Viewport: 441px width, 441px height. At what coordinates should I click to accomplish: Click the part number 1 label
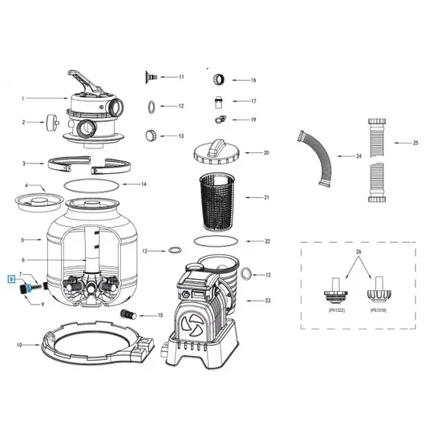point(23,99)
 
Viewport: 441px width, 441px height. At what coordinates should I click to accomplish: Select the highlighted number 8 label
point(11,280)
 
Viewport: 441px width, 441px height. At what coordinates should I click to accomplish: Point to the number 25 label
point(416,143)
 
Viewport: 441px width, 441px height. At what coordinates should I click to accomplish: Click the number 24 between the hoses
point(358,156)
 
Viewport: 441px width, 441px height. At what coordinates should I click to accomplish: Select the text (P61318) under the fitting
point(379,309)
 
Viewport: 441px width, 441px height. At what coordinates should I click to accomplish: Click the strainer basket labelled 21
point(212,197)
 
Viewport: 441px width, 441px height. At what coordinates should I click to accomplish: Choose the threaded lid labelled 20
point(214,152)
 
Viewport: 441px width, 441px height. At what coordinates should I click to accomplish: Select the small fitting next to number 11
point(150,77)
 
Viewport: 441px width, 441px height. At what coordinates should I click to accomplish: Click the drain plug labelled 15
point(127,314)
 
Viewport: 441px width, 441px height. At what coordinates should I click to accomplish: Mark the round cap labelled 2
point(55,123)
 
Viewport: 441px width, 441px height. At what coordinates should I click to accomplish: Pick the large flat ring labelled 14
point(88,184)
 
